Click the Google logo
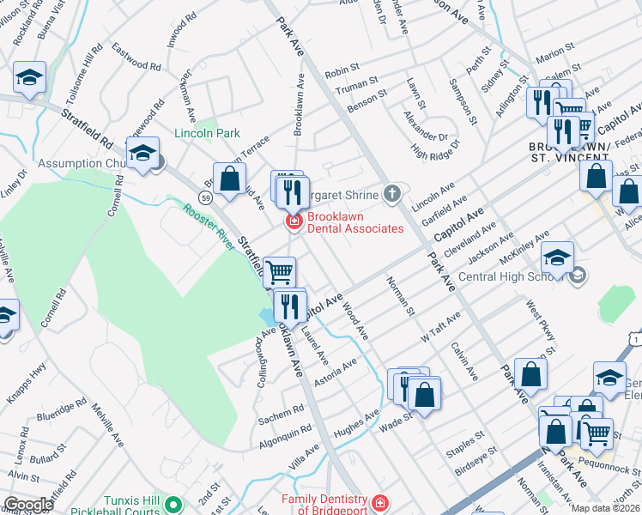(28, 504)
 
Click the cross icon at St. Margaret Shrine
(392, 192)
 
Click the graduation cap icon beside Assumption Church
(142, 154)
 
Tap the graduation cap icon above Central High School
(557, 257)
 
